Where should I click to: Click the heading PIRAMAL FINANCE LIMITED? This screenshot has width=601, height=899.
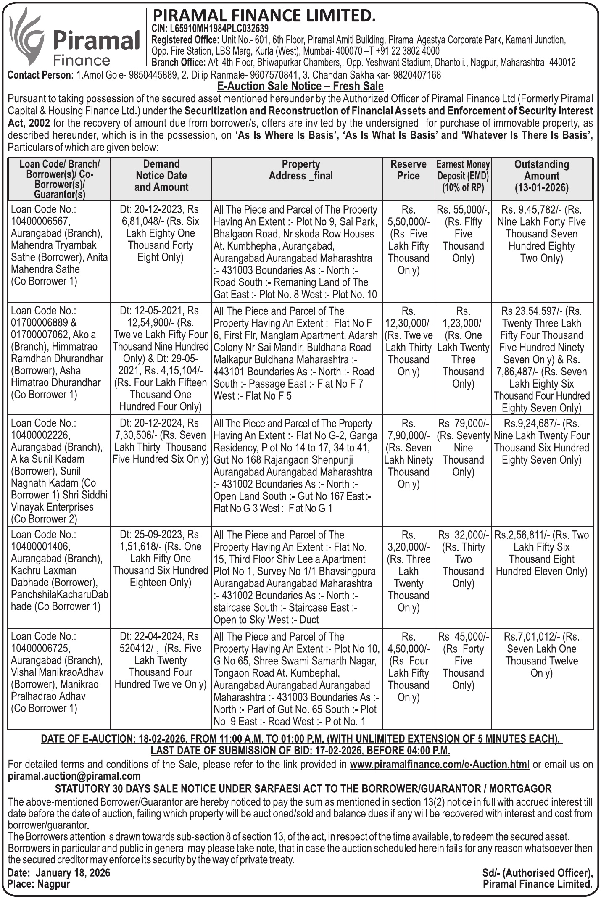(264, 16)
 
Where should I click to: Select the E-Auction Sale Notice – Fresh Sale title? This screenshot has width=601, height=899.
(300, 87)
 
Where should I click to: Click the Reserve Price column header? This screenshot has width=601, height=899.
(408, 170)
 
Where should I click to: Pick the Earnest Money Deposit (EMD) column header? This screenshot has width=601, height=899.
(463, 176)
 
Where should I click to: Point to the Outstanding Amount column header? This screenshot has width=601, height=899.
(541, 176)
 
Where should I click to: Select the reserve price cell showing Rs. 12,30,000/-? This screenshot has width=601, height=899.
(408, 323)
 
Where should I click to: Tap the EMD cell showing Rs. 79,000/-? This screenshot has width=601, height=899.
(463, 423)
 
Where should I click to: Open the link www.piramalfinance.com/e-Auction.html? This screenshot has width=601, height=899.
(439, 764)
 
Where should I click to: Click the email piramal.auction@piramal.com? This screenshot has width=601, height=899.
(74, 776)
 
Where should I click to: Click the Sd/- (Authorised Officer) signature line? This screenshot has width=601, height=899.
(537, 873)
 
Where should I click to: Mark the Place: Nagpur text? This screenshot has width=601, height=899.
(39, 884)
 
